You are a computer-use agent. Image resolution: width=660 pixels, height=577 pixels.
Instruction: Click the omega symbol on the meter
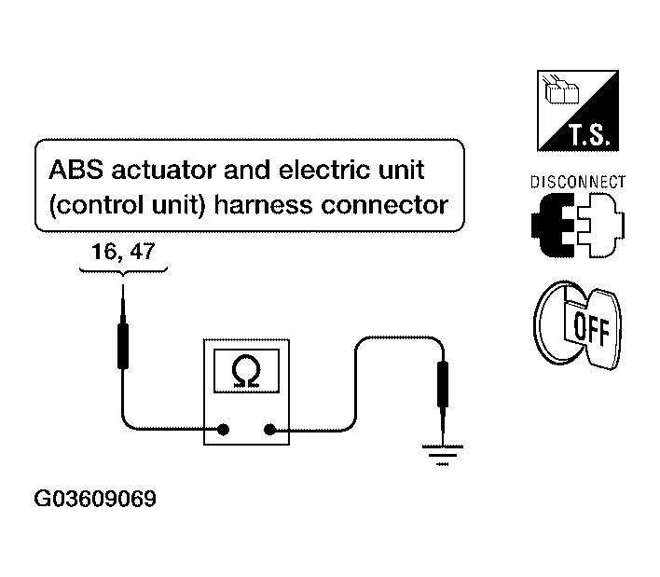[x=246, y=371]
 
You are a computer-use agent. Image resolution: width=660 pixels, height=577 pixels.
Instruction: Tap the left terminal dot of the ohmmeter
[x=223, y=430]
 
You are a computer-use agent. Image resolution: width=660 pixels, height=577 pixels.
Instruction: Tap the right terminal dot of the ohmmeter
[x=269, y=430]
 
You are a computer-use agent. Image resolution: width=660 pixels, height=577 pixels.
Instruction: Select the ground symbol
[x=443, y=456]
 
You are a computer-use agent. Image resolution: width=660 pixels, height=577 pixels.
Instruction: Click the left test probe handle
[x=123, y=346]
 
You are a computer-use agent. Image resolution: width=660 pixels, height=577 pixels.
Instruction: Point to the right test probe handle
[x=443, y=384]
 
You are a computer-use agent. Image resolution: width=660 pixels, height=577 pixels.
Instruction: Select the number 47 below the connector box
[x=143, y=252]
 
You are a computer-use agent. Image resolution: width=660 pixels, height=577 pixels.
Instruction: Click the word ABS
[x=76, y=170]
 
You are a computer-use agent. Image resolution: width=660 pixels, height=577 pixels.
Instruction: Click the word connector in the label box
[x=385, y=206]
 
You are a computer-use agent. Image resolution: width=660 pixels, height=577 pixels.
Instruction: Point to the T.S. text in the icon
[x=589, y=134]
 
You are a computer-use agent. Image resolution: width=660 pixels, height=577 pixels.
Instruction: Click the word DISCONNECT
[x=578, y=182]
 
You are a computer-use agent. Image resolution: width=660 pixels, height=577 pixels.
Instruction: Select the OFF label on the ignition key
[x=591, y=329]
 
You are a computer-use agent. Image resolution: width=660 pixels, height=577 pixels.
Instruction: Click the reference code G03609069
[x=95, y=499]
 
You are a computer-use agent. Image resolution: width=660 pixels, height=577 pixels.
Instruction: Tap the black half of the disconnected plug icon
[x=553, y=226]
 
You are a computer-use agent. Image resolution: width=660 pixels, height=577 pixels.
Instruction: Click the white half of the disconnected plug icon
[x=601, y=226]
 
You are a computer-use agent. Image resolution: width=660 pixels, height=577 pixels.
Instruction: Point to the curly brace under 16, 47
[x=123, y=271]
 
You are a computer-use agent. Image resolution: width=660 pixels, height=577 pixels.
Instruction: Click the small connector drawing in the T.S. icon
[x=561, y=89]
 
